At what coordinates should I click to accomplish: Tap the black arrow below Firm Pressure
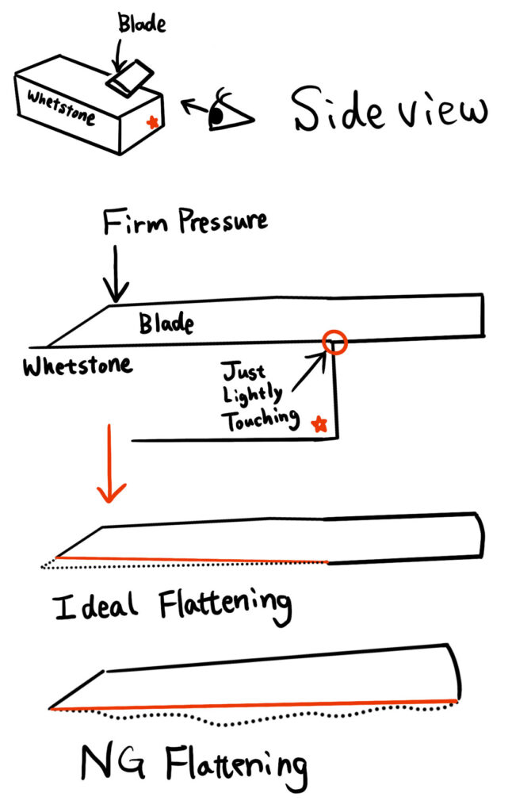point(116,274)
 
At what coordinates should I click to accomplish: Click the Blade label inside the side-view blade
point(166,323)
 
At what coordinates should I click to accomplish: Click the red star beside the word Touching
point(319,424)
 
